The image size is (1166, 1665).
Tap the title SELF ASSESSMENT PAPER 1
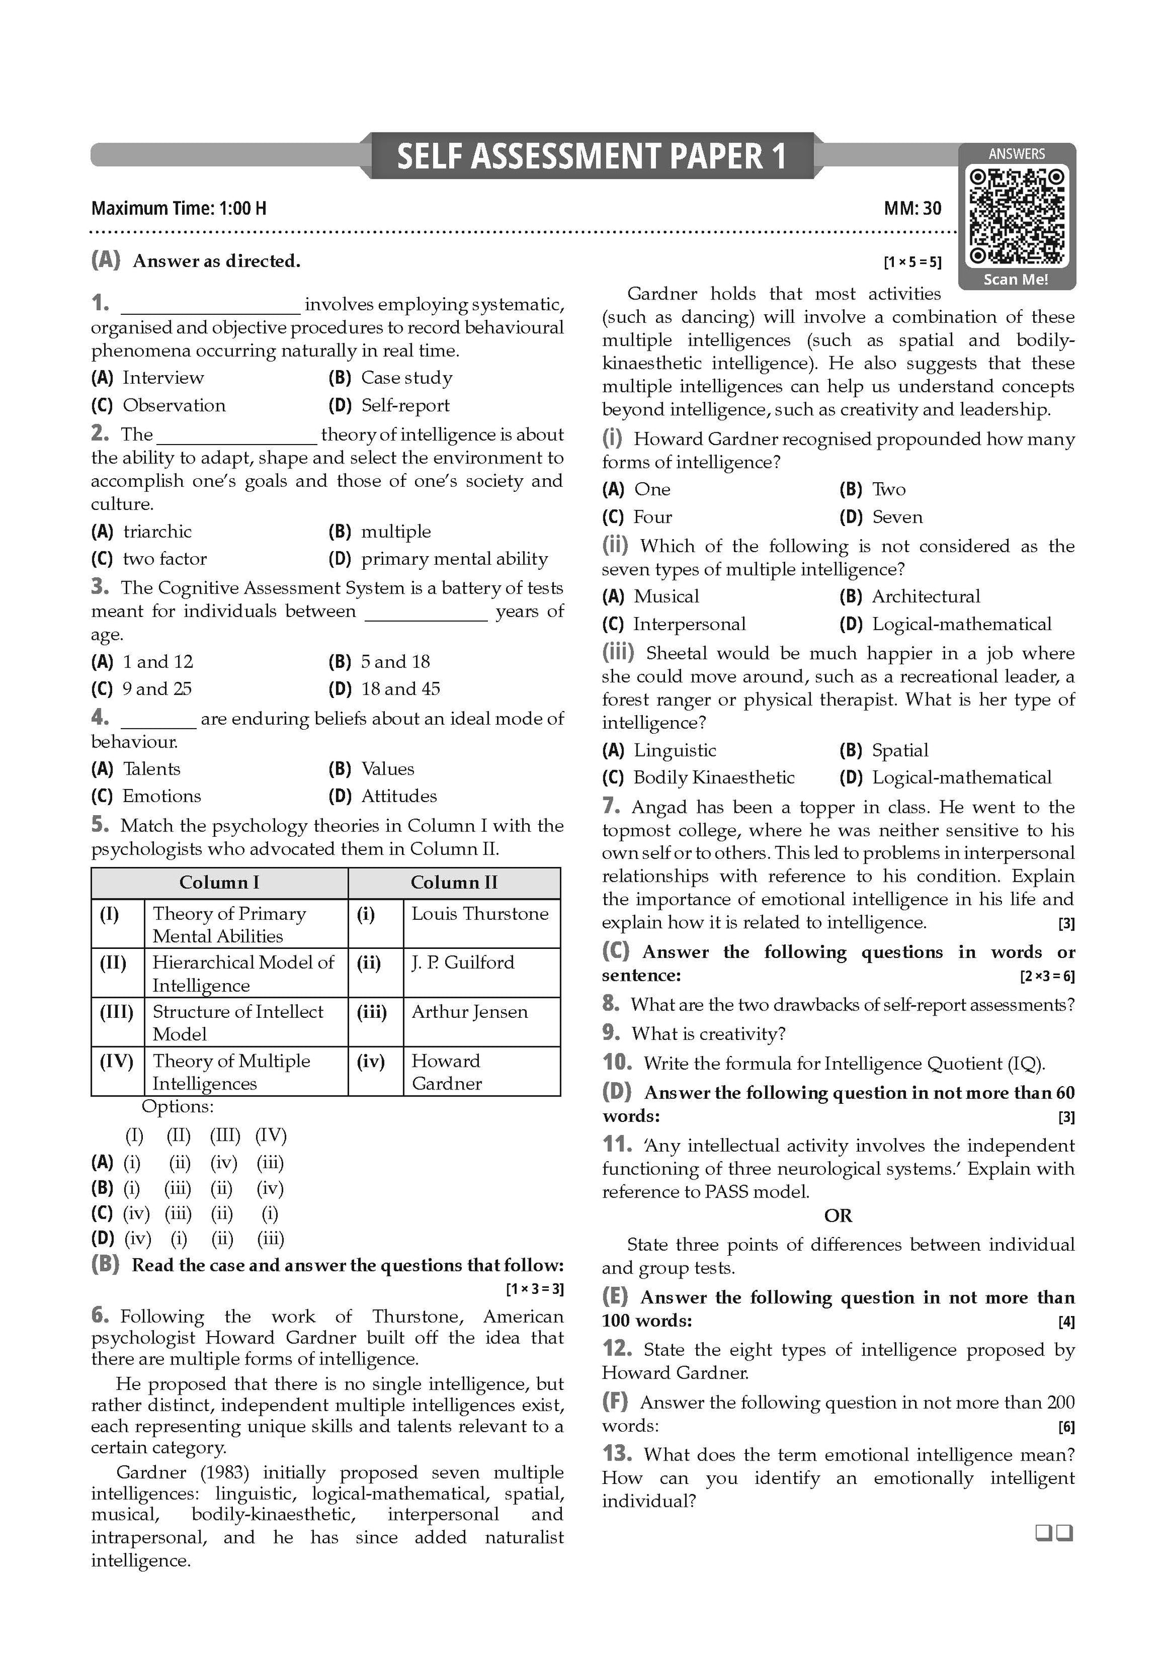591,156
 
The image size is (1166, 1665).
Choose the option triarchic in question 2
157,532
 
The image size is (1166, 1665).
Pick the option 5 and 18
395,661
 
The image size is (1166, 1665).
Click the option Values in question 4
387,768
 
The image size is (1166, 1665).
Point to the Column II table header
454,882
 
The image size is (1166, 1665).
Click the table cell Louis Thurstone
479,914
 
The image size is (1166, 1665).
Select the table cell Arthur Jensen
469,1012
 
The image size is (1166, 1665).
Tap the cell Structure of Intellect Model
238,1022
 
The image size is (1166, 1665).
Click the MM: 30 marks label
912,209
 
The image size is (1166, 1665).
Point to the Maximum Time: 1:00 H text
178,209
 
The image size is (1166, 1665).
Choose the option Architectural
925,596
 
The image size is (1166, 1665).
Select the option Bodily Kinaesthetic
713,778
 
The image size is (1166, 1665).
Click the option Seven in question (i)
897,517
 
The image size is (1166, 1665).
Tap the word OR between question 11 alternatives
837,1215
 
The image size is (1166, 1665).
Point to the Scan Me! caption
1016,279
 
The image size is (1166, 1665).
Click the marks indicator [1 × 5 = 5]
912,262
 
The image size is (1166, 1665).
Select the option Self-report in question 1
405,405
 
